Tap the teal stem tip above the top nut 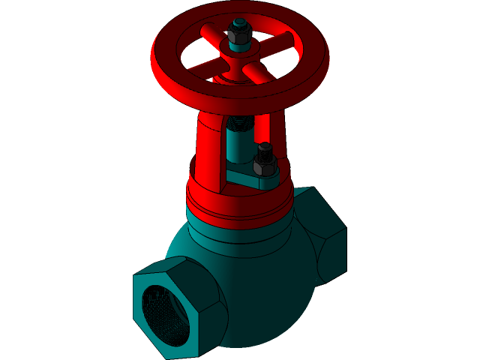[240, 22]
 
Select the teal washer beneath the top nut [241, 47]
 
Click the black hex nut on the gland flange [264, 164]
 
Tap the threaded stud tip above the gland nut [264, 147]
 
